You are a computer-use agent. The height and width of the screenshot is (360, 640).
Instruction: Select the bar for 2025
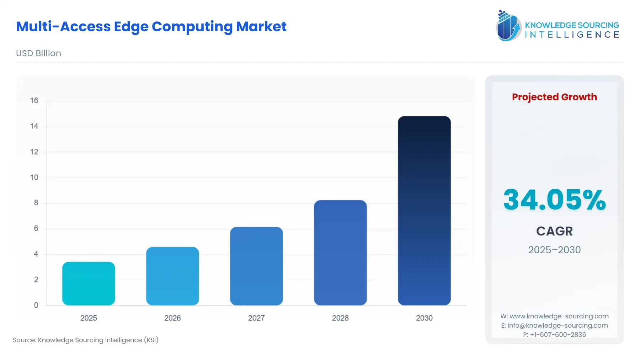click(x=89, y=284)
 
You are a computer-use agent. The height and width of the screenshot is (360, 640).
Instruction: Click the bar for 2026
click(x=172, y=276)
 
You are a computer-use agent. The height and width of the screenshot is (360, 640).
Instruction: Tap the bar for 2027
click(x=256, y=266)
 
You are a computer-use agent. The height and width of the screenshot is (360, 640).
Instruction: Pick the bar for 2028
click(x=340, y=253)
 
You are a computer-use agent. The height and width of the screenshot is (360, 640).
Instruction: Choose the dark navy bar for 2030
click(x=424, y=211)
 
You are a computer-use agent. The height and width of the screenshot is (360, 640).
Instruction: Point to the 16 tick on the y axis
click(x=34, y=101)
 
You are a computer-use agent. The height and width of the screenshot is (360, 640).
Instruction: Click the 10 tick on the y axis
click(x=34, y=178)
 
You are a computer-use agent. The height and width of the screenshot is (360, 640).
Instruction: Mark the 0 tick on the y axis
click(x=36, y=305)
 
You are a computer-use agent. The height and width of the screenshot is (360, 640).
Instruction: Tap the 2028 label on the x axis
click(x=340, y=318)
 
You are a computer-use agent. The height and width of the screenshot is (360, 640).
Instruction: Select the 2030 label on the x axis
click(x=424, y=318)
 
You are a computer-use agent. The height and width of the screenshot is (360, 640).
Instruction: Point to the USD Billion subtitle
click(x=38, y=53)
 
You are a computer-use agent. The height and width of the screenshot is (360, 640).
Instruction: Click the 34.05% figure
click(x=554, y=200)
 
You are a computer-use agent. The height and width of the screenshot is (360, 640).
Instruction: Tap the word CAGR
click(x=554, y=231)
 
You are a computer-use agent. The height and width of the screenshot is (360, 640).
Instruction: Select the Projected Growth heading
click(x=554, y=97)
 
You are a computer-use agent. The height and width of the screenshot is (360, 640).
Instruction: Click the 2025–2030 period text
click(x=554, y=250)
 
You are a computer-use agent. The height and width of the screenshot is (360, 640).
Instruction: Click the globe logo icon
click(x=508, y=26)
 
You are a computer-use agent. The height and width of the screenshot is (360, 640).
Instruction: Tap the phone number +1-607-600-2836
click(x=558, y=335)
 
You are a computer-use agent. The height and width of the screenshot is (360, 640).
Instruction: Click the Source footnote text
click(x=86, y=340)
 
